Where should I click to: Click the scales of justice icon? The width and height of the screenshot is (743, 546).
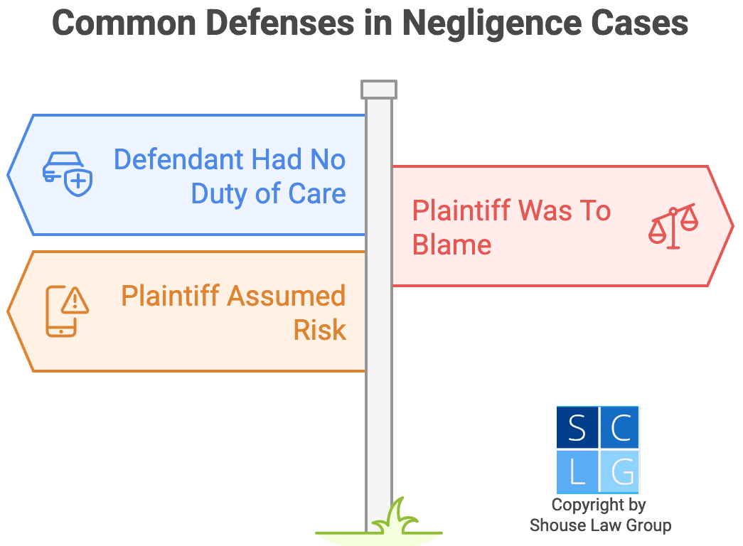pyautogui.click(x=673, y=225)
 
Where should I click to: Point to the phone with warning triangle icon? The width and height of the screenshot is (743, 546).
pyautogui.click(x=67, y=311)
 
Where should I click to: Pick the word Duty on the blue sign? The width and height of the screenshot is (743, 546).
pyautogui.click(x=217, y=193)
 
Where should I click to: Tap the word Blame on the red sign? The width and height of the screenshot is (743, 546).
pyautogui.click(x=452, y=245)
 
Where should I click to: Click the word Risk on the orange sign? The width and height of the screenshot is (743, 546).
pyautogui.click(x=320, y=330)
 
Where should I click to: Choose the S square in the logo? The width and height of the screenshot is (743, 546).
pyautogui.click(x=577, y=428)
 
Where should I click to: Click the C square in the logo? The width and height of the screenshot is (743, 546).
pyautogui.click(x=619, y=428)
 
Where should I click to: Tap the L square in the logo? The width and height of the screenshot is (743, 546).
pyautogui.click(x=577, y=471)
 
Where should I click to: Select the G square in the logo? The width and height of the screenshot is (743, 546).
pyautogui.click(x=619, y=471)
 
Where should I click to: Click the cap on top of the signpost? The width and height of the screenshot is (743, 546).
pyautogui.click(x=378, y=90)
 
